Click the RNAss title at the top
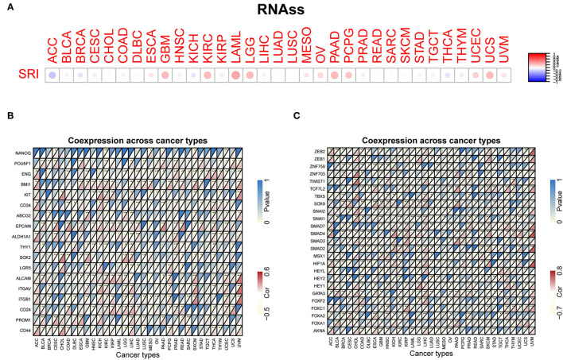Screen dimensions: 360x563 coord(282,14)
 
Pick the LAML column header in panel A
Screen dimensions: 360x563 coord(235,49)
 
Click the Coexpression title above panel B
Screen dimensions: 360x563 coord(136,140)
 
